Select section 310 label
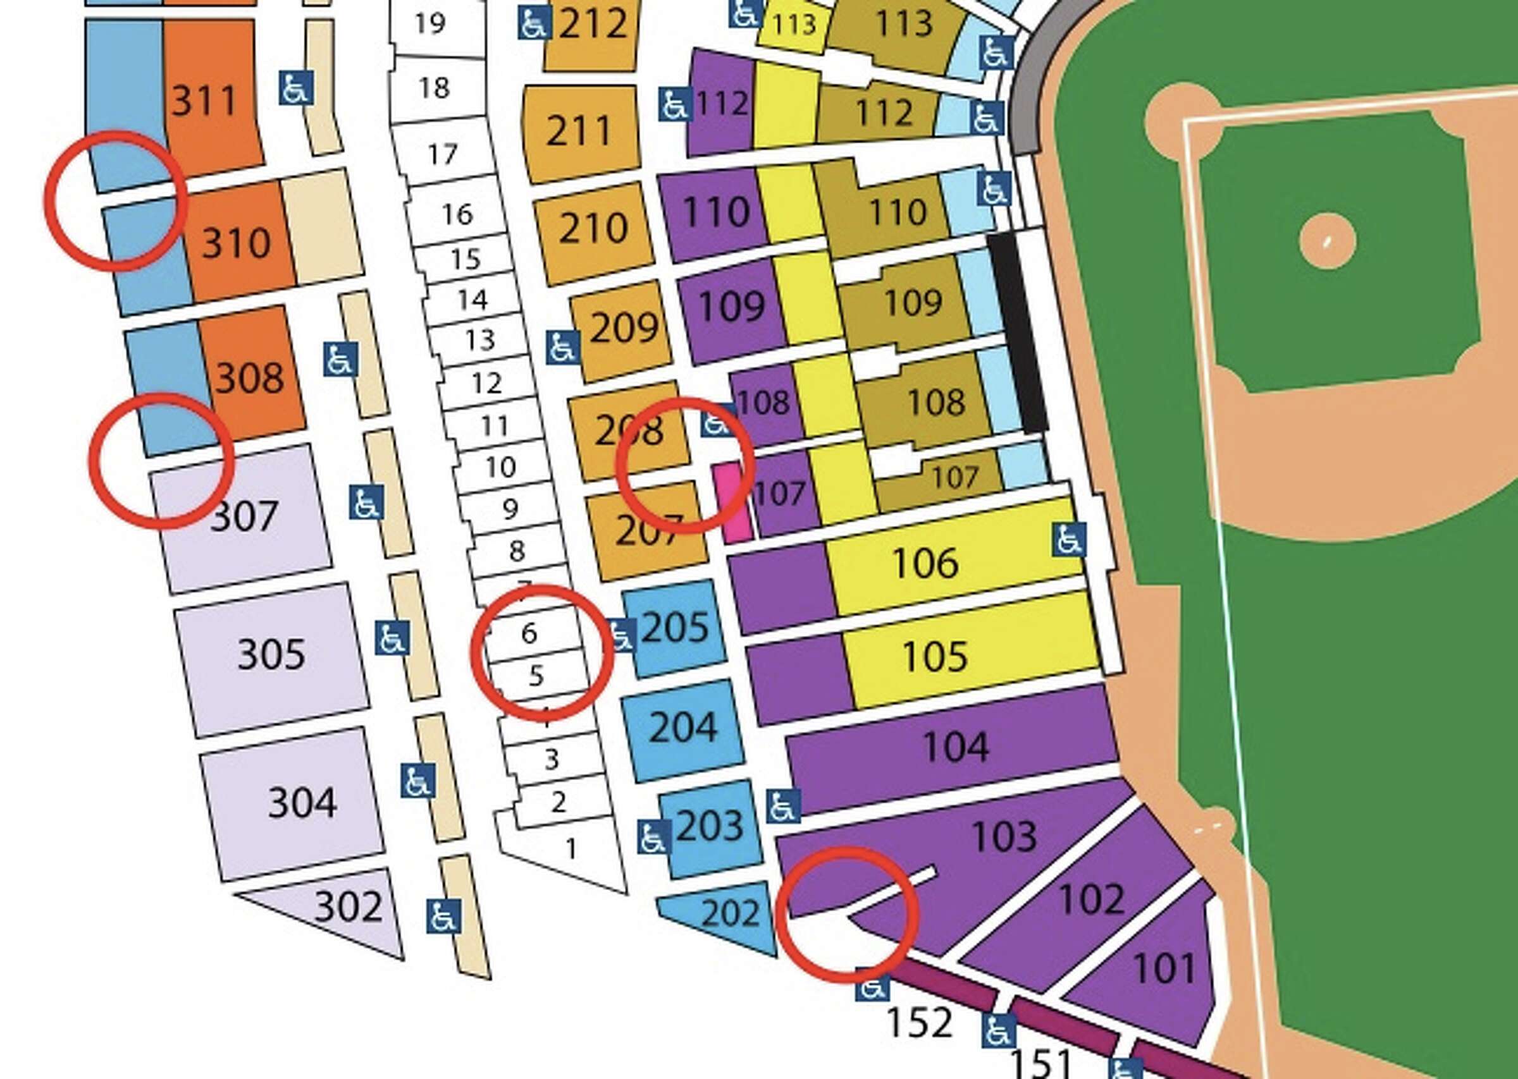click(236, 243)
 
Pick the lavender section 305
click(271, 654)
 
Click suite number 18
click(434, 88)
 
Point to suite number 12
click(486, 383)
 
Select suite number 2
click(558, 803)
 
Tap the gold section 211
click(578, 131)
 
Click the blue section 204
click(683, 727)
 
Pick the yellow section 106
click(925, 563)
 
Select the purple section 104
click(956, 746)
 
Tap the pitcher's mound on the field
click(1327, 241)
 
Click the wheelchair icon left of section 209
click(562, 348)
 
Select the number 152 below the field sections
click(920, 1021)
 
